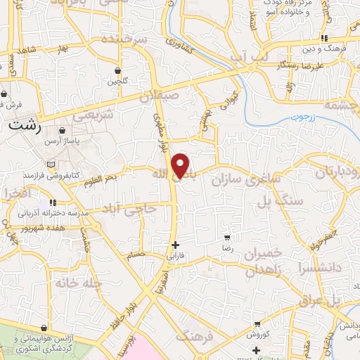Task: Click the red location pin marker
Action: pyautogui.click(x=181, y=165)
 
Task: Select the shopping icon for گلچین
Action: pyautogui.click(x=117, y=71)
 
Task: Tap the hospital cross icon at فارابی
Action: pyautogui.click(x=175, y=245)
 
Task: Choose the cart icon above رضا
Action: pyautogui.click(x=227, y=238)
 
